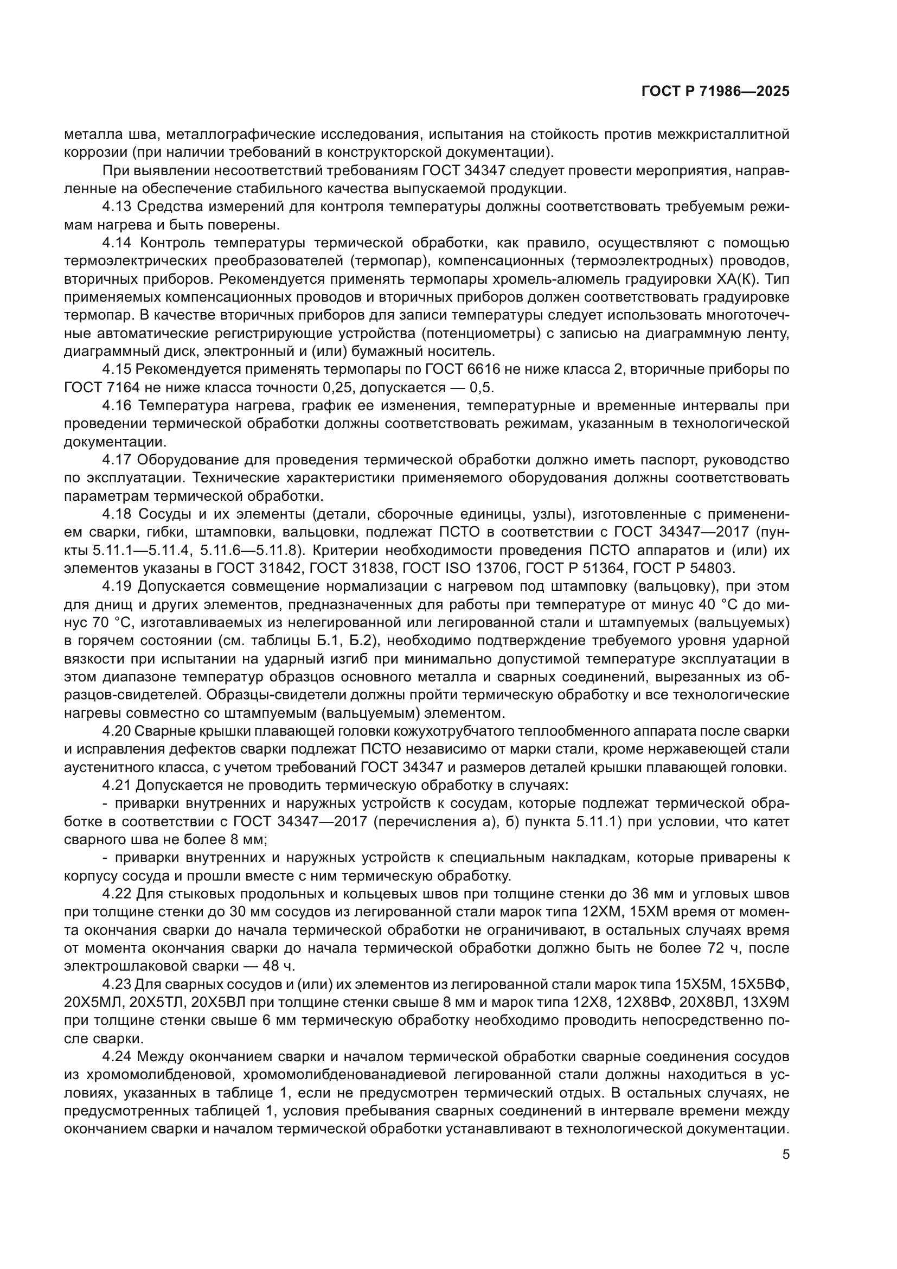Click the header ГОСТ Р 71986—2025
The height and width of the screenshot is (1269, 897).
pos(715,92)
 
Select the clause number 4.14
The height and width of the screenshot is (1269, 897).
pos(117,243)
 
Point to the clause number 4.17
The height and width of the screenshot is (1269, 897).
pos(117,460)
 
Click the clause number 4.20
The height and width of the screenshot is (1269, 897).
pos(117,731)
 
